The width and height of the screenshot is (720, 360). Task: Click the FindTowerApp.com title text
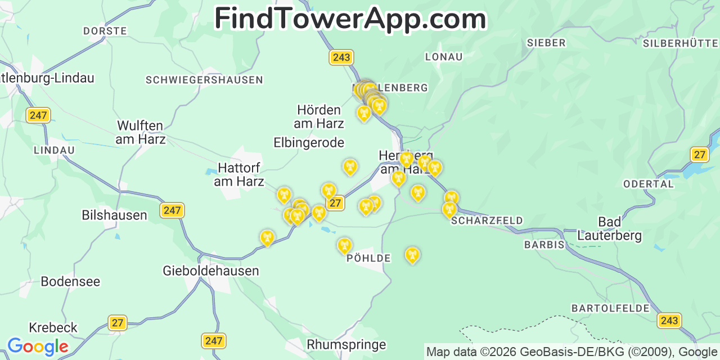point(350,19)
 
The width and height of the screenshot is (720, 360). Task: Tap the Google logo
point(38,346)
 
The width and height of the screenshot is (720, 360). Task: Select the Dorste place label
point(105,31)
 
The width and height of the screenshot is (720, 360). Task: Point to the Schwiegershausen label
point(204,80)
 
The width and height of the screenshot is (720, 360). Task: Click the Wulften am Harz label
point(141,132)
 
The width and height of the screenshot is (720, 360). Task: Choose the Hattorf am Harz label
point(239,174)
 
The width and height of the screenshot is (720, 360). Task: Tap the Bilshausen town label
point(114,215)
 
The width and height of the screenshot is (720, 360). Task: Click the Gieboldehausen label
point(211,271)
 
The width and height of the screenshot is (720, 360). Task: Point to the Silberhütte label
point(681,43)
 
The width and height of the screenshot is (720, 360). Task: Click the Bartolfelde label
point(610,308)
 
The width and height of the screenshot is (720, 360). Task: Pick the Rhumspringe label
point(346,344)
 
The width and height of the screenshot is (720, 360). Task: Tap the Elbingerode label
point(309,143)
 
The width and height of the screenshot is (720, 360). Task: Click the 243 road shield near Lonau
point(341,57)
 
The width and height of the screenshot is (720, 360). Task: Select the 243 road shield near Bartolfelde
point(669,321)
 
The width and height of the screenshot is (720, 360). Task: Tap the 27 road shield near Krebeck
point(117,323)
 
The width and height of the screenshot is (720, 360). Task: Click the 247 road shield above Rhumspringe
point(213,340)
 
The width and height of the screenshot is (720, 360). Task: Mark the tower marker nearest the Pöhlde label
point(344,245)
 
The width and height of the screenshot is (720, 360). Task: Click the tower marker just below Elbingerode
point(350,166)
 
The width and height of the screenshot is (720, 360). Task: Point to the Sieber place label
point(546,43)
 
